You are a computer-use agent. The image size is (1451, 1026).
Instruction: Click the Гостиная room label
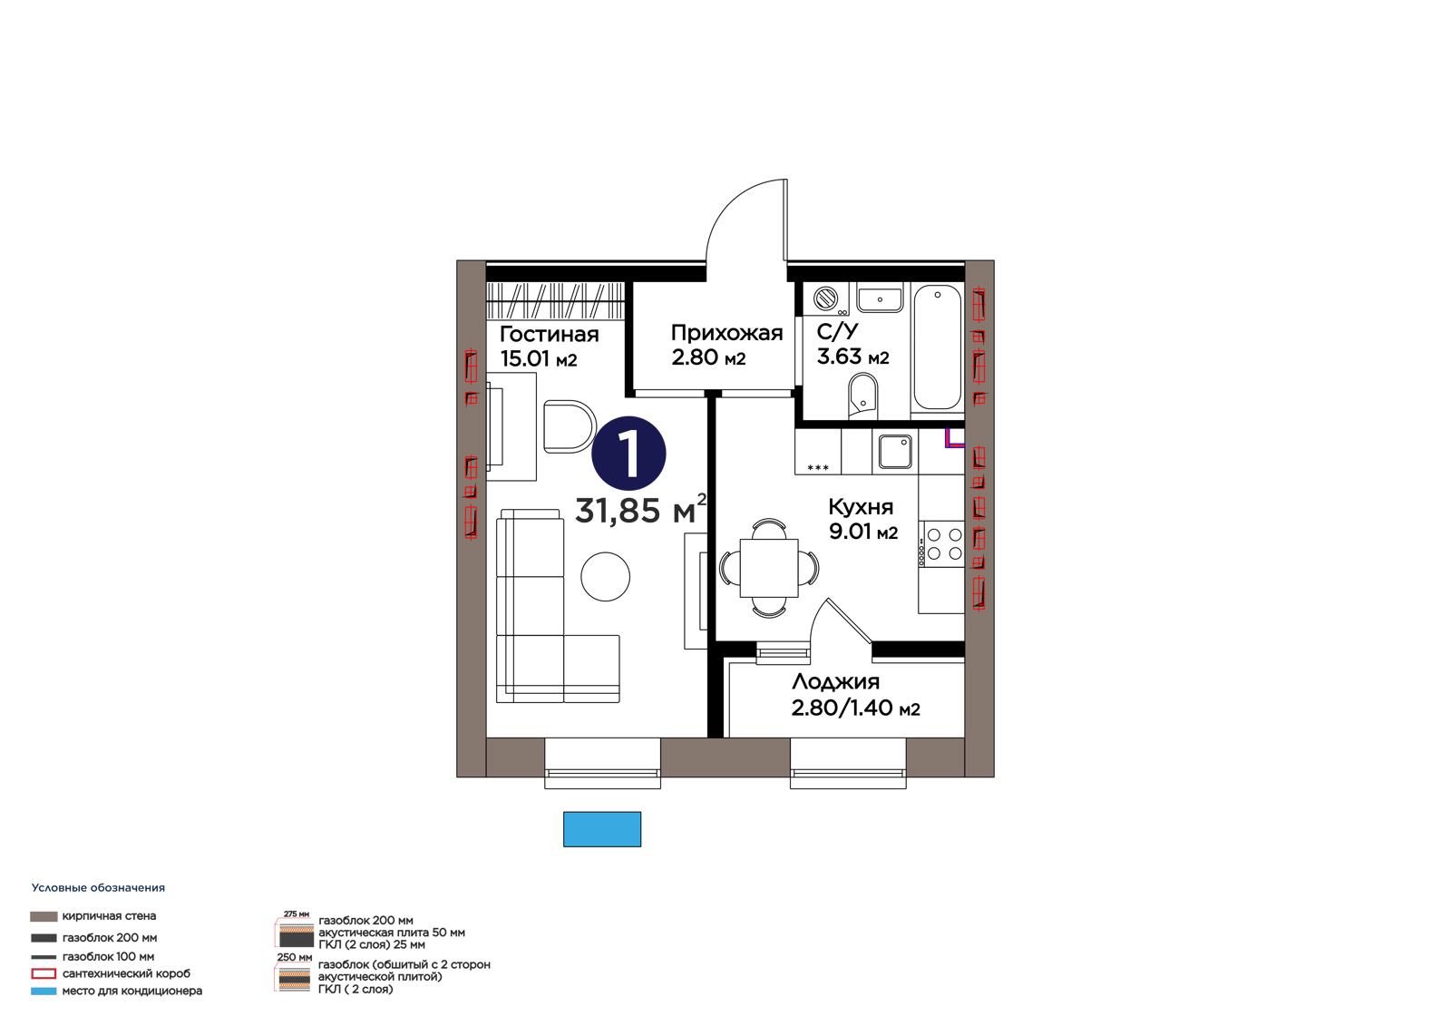pyautogui.click(x=550, y=335)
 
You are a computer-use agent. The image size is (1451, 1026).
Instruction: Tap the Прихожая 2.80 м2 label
pyautogui.click(x=726, y=345)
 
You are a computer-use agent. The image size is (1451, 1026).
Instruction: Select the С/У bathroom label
pyautogui.click(x=837, y=331)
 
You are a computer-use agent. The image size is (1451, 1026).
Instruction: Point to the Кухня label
pyautogui.click(x=861, y=506)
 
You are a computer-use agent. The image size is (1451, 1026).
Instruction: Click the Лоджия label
pyautogui.click(x=835, y=682)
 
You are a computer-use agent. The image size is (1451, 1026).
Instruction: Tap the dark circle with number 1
pyautogui.click(x=628, y=453)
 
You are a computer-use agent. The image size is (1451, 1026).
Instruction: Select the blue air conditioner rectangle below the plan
pyautogui.click(x=602, y=829)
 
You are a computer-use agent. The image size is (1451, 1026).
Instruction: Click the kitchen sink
pyautogui.click(x=895, y=452)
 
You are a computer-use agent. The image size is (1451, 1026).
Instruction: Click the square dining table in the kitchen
pyautogui.click(x=769, y=568)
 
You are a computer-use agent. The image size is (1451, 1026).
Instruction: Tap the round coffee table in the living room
pyautogui.click(x=605, y=576)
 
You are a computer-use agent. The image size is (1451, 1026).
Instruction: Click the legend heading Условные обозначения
pyautogui.click(x=98, y=888)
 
